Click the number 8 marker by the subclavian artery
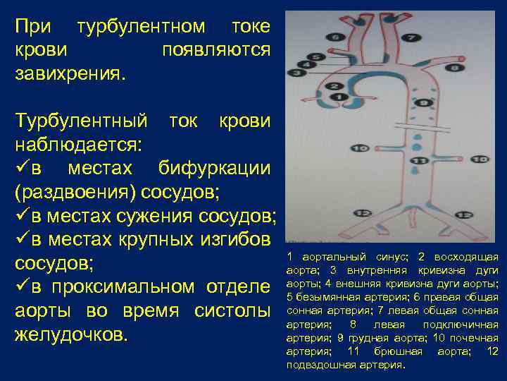pyautogui.click(x=454, y=68)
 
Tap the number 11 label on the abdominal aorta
pyautogui.click(x=420, y=161)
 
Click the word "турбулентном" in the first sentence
pyautogui.click(x=142, y=28)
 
